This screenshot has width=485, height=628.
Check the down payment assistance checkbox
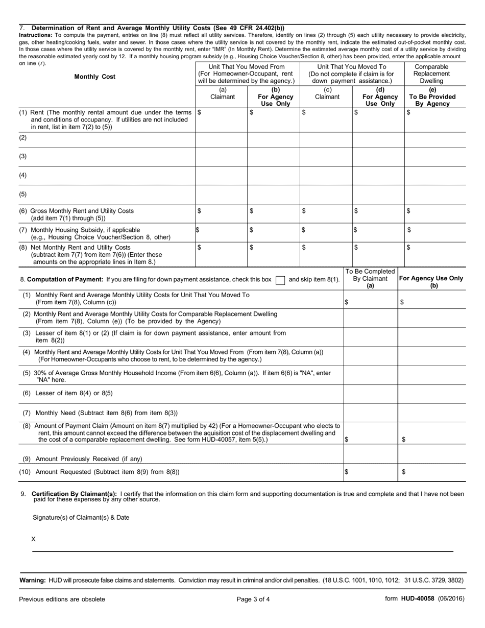coord(280,280)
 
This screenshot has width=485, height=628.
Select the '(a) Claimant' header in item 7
coord(223,93)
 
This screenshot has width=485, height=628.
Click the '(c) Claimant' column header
coord(327,93)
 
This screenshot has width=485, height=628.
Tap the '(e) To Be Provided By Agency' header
coord(432,96)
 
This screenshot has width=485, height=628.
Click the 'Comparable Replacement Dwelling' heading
coord(432,74)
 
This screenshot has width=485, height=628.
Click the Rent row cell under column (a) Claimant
coord(222,119)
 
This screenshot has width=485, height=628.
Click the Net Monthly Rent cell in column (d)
coord(378,254)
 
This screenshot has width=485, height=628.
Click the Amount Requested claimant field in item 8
coord(371,472)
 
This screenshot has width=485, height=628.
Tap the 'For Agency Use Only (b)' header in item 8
coord(431,282)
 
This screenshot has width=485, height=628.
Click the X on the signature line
coord(34,539)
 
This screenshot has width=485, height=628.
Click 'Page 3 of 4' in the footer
coord(253,599)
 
